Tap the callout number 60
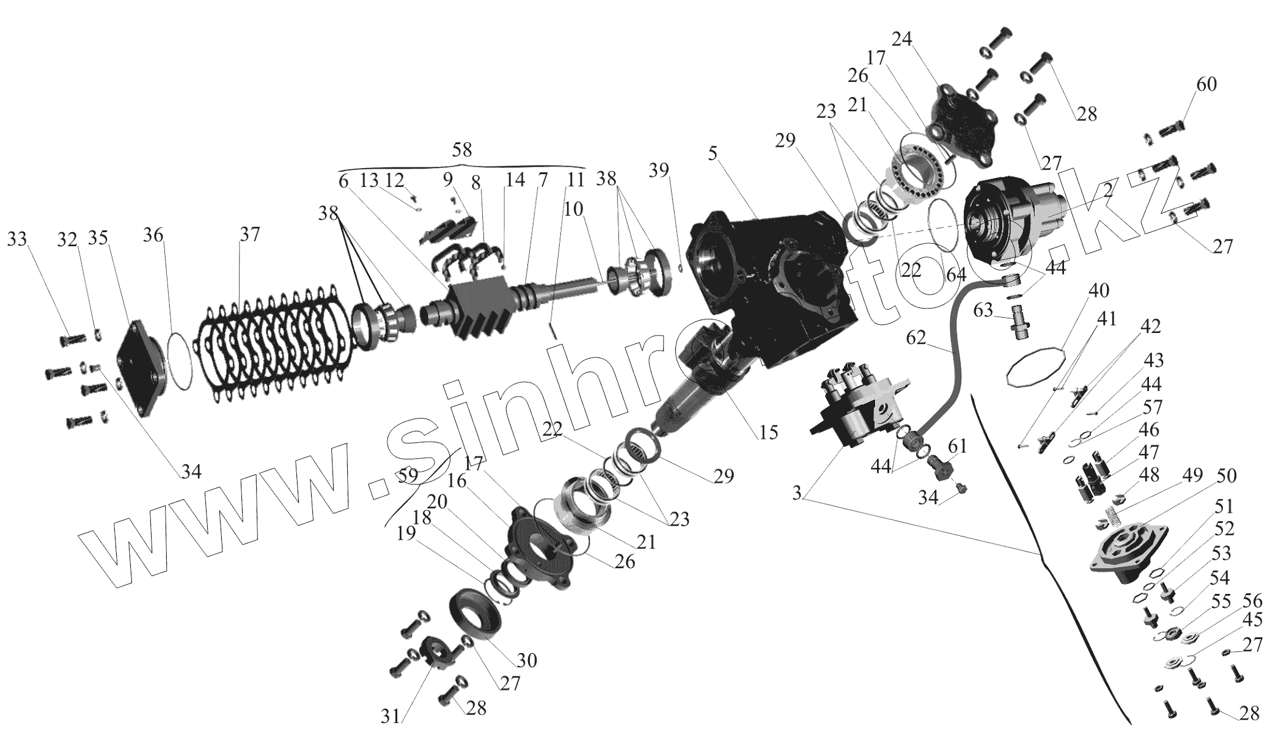point(1206,84)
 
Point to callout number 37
point(249,234)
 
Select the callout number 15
point(768,432)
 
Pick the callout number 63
point(983,312)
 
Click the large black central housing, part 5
point(776,275)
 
